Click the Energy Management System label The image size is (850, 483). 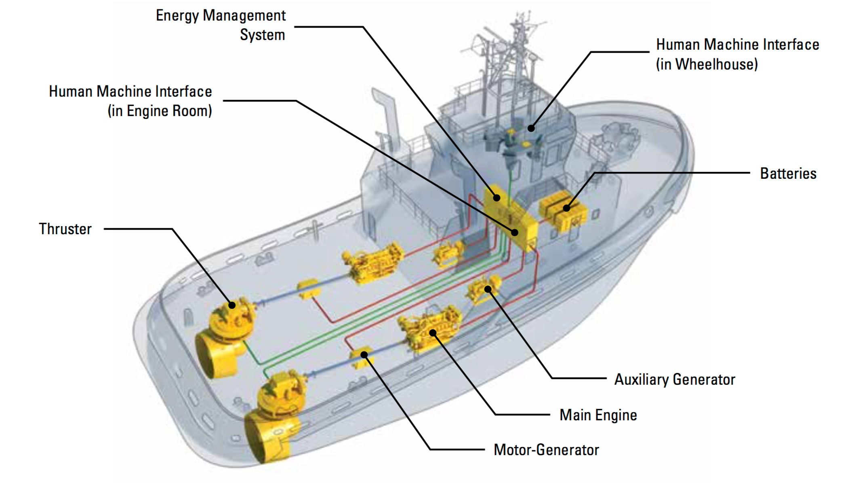coord(221,25)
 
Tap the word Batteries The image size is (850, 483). coord(788,174)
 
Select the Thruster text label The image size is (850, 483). coord(65,229)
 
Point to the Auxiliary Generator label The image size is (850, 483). coord(674,379)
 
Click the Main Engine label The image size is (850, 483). coord(598,415)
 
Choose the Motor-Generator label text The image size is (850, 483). coord(546,450)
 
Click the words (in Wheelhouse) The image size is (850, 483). coord(707,64)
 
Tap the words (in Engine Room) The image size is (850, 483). coord(160,111)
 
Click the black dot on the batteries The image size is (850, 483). coord(566,208)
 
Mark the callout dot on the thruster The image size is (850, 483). coord(232,305)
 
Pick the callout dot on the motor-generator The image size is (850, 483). coord(364,355)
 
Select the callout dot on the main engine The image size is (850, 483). coord(433,333)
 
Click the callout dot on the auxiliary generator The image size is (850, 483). coord(488,289)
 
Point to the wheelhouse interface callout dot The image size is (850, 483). coord(531,128)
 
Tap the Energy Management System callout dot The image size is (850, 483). coord(497,197)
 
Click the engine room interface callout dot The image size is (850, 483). coord(515,232)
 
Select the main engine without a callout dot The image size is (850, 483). coord(372,263)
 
